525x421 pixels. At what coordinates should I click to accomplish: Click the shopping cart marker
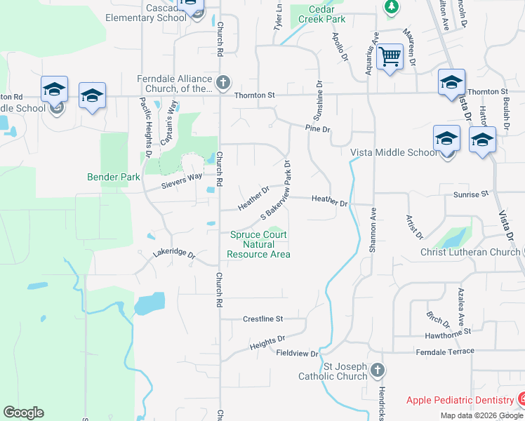click(390, 56)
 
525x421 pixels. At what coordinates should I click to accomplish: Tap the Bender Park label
click(114, 178)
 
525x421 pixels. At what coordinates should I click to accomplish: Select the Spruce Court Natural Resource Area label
click(259, 244)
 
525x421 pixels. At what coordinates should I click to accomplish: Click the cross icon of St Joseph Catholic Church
click(378, 369)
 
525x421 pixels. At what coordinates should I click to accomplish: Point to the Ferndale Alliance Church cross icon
click(222, 83)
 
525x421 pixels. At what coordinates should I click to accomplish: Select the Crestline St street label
click(262, 319)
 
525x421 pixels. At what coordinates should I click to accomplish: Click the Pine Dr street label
click(317, 128)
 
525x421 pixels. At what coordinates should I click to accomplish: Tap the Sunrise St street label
click(470, 194)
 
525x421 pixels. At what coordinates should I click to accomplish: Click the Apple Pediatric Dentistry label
click(460, 400)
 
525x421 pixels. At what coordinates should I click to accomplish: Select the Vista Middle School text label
click(394, 153)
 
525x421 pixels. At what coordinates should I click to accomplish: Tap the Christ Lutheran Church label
click(470, 252)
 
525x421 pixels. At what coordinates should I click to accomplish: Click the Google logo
click(23, 413)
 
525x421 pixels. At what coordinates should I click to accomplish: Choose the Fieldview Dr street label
click(298, 354)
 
